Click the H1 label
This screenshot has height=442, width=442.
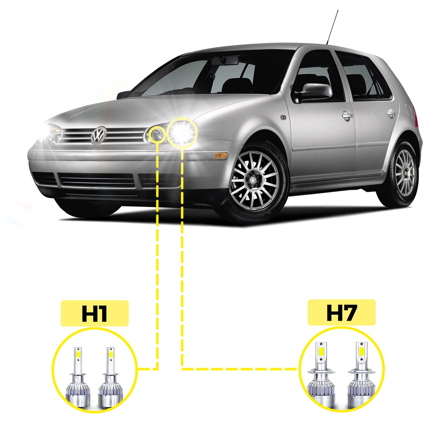pos(95,313)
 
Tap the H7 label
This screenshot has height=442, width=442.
pos(341,312)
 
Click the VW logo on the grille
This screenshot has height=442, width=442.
pos(98,135)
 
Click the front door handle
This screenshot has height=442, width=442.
pos(347,115)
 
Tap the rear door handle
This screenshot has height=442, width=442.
pos(391,113)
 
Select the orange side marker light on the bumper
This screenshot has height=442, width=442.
pos(221,155)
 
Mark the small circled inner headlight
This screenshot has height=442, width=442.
pos(157,135)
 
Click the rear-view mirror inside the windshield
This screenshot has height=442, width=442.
pos(224,61)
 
